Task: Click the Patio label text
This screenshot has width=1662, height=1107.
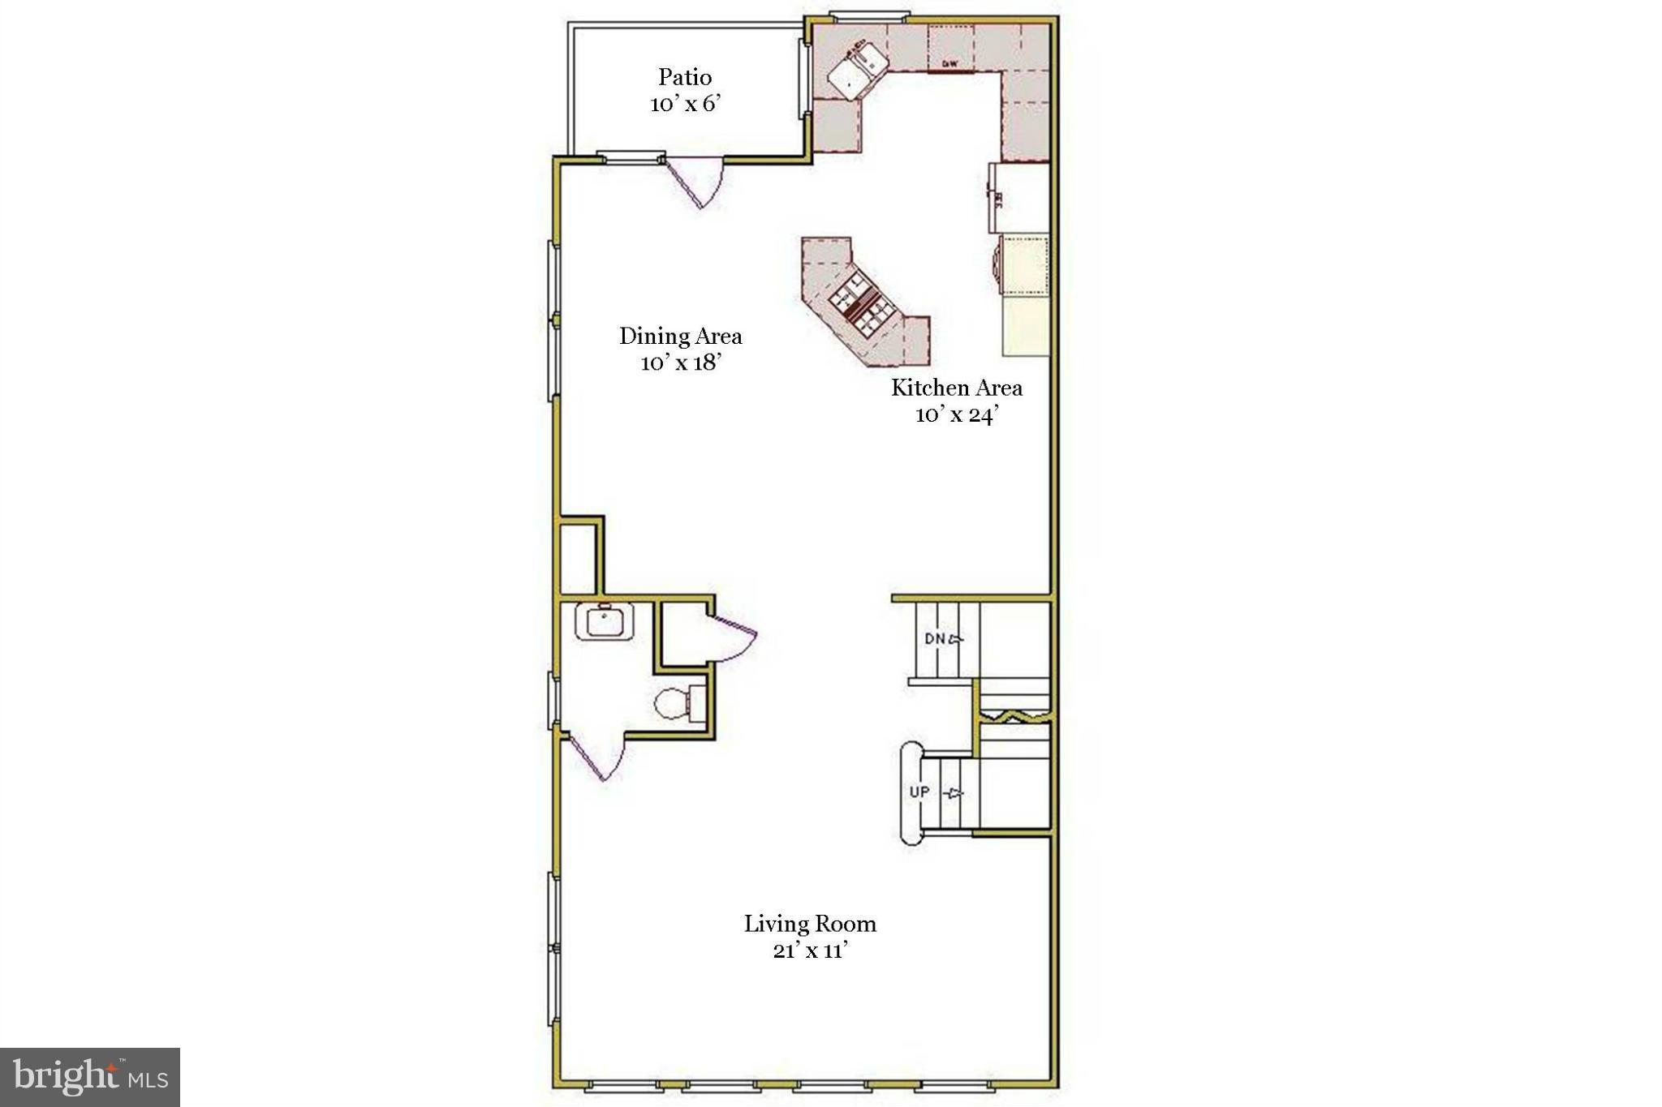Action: tap(685, 77)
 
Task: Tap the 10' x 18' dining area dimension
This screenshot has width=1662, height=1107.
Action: tap(681, 363)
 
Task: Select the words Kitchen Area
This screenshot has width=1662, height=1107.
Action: tap(957, 388)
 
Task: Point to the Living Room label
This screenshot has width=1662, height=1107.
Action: tap(810, 924)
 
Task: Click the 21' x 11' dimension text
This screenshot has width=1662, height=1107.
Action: tap(810, 950)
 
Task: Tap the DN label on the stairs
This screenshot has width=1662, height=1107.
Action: tap(935, 638)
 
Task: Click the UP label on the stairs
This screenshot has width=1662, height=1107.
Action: tap(919, 792)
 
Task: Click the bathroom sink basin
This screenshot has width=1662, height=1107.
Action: tap(604, 622)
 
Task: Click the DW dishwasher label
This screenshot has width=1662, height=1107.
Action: tap(950, 63)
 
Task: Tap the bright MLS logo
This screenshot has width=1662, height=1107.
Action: tap(90, 1077)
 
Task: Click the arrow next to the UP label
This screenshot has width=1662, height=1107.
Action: tap(956, 792)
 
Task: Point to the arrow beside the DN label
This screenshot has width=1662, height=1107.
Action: tap(956, 639)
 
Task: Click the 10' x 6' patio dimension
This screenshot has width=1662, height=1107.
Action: tap(685, 104)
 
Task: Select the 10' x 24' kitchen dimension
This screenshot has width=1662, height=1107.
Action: tap(956, 415)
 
